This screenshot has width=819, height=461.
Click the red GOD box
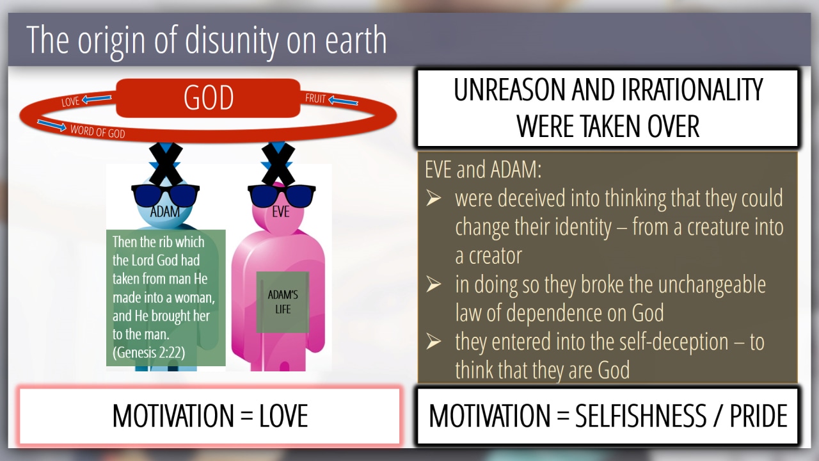pos(208,98)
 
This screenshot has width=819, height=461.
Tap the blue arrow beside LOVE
pos(97,99)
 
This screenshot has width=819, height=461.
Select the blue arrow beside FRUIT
pos(343,101)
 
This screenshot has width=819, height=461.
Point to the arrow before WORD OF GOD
pos(52,125)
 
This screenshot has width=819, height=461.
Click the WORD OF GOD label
pos(98,131)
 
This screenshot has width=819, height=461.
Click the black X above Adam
pos(166,163)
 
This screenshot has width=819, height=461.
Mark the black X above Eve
pos(278,163)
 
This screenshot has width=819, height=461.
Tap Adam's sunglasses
pos(165,196)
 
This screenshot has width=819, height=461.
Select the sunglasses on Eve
pos(282,196)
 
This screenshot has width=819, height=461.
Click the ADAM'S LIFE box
pos(283,302)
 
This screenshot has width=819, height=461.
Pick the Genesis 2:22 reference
pos(149,353)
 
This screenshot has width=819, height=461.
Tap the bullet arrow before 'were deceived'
pos(434,198)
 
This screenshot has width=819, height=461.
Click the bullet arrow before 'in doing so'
pos(434,285)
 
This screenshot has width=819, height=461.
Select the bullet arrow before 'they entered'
pos(434,342)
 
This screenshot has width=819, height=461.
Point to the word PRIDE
pos(759,416)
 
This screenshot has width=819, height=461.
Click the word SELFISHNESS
pos(640,416)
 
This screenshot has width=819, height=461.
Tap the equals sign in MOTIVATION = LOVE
pos(247,416)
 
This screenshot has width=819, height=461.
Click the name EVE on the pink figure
pos(281,212)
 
